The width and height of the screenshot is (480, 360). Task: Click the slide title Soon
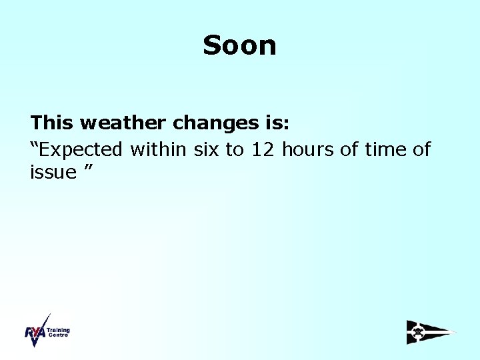239,45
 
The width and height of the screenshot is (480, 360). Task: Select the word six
207,149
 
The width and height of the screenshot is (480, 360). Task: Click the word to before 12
234,150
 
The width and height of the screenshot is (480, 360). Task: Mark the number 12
263,149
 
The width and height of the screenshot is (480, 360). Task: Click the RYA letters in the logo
35,333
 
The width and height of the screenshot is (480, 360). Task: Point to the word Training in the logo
58,330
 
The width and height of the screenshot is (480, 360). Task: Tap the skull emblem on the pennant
418,332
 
